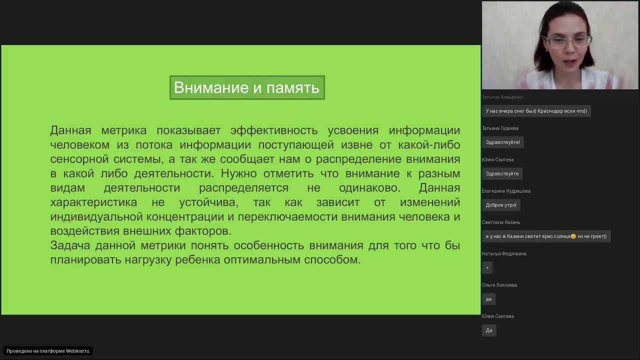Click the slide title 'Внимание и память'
247,88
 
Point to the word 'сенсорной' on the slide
79,159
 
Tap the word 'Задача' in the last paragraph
70,245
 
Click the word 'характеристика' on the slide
93,202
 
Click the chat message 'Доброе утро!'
501,205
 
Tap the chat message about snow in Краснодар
536,111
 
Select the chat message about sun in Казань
546,236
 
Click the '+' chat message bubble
487,267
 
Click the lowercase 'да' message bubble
488,299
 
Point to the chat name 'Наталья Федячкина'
504,253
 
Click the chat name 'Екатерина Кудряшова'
506,191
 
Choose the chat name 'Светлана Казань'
501,222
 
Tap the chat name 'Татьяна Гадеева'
500,128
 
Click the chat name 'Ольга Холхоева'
499,285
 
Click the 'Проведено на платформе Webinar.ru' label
48,351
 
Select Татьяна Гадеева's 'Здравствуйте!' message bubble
502,142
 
